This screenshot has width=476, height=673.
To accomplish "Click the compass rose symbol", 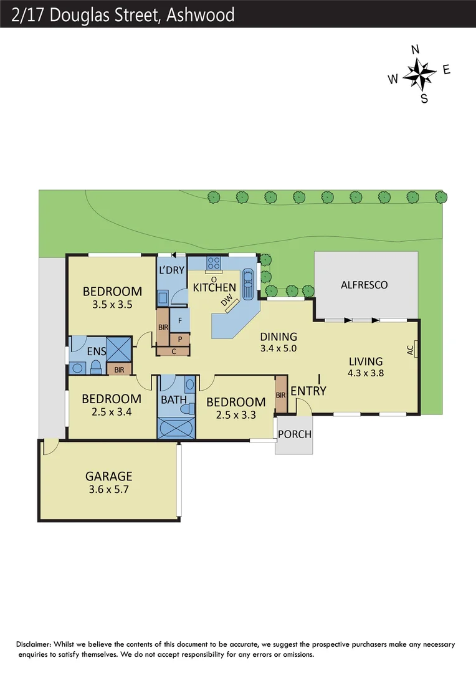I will point(419,74).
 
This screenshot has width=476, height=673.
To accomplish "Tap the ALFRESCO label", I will point(364,285).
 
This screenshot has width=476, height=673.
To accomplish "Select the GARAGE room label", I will point(109,477).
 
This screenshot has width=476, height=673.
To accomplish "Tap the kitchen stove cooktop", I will point(214,263).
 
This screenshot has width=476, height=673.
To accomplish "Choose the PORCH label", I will point(294,434).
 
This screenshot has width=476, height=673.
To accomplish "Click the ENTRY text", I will point(308,391).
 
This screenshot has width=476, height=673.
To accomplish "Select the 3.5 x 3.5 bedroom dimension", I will point(112,305).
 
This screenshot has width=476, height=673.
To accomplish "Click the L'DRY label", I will point(172,270).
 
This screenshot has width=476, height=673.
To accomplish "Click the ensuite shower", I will point(118,348).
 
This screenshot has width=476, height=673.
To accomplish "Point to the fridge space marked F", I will point(180,320).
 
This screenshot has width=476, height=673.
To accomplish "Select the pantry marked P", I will point(180,339).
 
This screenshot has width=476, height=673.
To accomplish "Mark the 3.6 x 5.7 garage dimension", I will point(109,490).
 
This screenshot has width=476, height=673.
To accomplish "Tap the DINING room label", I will point(279,336).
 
